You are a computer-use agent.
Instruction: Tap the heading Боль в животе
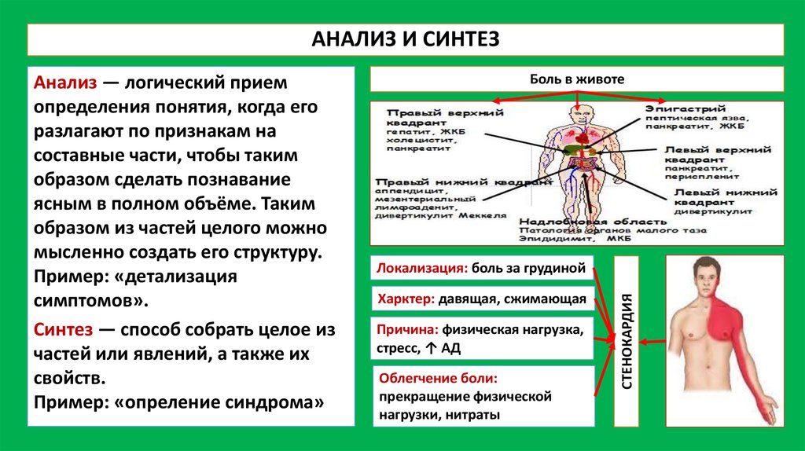577,79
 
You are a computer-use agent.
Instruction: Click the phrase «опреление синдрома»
219,401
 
